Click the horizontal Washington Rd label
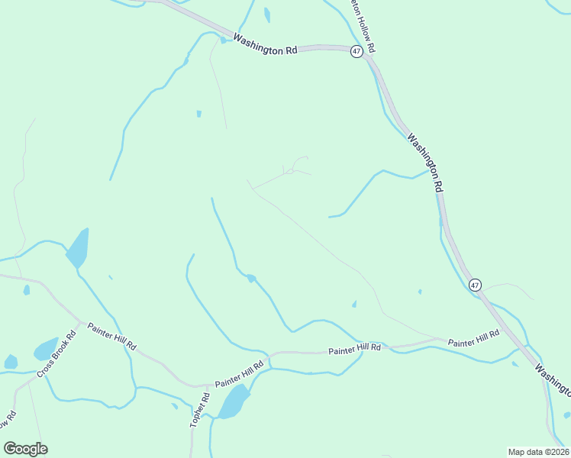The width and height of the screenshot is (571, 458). pyautogui.click(x=265, y=44)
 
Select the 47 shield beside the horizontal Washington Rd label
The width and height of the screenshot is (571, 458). pyautogui.click(x=356, y=50)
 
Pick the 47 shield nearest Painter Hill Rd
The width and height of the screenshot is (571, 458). pyautogui.click(x=476, y=285)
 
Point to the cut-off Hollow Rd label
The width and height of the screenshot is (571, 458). pyautogui.click(x=361, y=25)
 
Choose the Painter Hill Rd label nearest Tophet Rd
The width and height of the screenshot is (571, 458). pyautogui.click(x=239, y=374)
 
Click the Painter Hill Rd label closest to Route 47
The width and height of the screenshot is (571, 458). pyautogui.click(x=473, y=339)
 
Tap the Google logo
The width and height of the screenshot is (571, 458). pyautogui.click(x=25, y=449)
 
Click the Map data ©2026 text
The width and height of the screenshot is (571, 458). pyautogui.click(x=537, y=452)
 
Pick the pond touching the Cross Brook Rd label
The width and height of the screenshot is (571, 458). pyautogui.click(x=46, y=350)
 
